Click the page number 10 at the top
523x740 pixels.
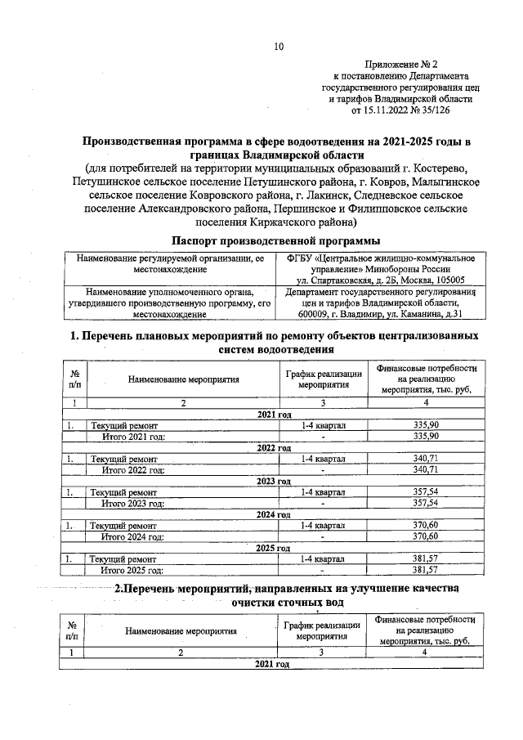[x=278, y=47]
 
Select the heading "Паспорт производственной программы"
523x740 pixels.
[x=276, y=240]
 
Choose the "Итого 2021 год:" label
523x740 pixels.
[x=133, y=437]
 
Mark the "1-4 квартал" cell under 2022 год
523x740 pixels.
[x=323, y=459]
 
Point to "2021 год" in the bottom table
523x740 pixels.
[x=273, y=664]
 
